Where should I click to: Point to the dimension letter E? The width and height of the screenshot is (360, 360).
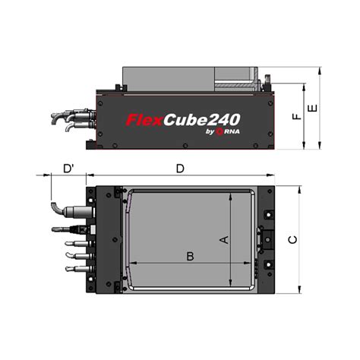(x=311, y=109)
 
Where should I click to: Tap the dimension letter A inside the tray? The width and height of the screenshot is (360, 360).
(x=223, y=239)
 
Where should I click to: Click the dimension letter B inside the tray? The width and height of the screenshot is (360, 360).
(x=191, y=255)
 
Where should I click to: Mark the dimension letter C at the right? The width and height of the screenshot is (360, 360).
(x=293, y=239)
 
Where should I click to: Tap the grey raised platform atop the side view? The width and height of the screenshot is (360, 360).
(x=182, y=76)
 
